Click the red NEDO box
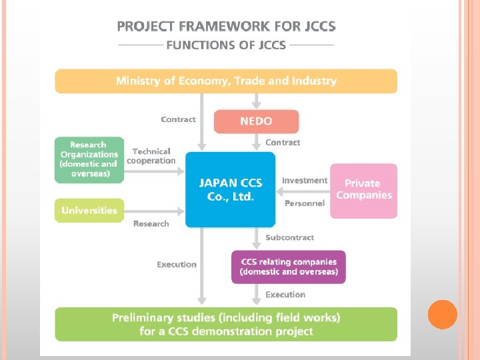point(256,121)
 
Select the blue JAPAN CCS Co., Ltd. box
point(230,189)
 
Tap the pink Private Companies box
point(363,190)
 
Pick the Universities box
point(89,211)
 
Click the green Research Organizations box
point(89,159)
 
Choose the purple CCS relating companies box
point(289,267)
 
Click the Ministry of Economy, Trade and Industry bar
point(226,81)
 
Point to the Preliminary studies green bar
point(226,325)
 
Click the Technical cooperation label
point(151,156)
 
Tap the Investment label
point(305,181)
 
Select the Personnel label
point(305,203)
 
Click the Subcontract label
point(289,237)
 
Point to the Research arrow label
point(151,224)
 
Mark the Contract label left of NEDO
point(178,120)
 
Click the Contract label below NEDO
point(283,143)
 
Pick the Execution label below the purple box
point(285,295)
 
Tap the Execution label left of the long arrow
point(177,265)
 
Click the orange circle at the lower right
point(442,315)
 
